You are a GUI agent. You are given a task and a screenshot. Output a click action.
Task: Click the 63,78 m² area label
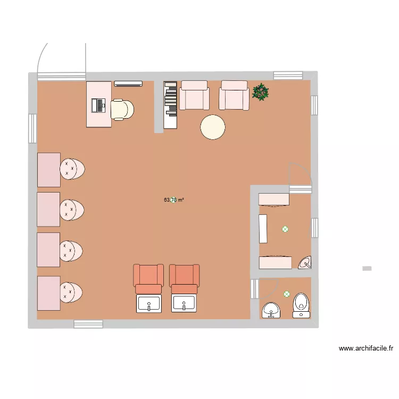[x=174, y=200]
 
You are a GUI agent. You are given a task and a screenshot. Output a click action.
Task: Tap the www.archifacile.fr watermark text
[x=366, y=349]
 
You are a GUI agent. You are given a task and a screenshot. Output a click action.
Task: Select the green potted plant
[x=261, y=92]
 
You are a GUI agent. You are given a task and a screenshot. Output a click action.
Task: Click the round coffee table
[x=213, y=128]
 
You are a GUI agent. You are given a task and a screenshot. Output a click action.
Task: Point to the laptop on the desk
[x=98, y=105]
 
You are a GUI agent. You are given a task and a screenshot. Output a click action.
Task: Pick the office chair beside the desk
[x=122, y=110]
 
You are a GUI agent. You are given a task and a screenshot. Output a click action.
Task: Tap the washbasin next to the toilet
[x=272, y=310]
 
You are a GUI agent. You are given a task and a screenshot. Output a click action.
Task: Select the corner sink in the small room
[x=305, y=262]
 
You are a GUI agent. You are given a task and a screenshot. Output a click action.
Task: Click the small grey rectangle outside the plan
[x=367, y=269]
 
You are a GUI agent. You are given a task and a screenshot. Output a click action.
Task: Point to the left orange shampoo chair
[x=148, y=278]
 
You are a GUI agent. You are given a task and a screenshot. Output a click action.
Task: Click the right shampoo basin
[x=184, y=304]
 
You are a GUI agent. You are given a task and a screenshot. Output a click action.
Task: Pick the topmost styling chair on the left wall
[x=72, y=169]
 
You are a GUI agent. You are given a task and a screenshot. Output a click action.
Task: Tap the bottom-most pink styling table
[x=48, y=293]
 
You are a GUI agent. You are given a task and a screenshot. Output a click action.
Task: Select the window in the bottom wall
[x=88, y=323]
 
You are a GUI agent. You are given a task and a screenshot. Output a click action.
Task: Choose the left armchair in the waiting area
[x=194, y=96]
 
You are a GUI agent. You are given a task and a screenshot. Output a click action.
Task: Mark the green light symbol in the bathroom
[x=287, y=294]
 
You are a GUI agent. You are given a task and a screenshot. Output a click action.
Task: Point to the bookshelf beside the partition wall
[x=170, y=104]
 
